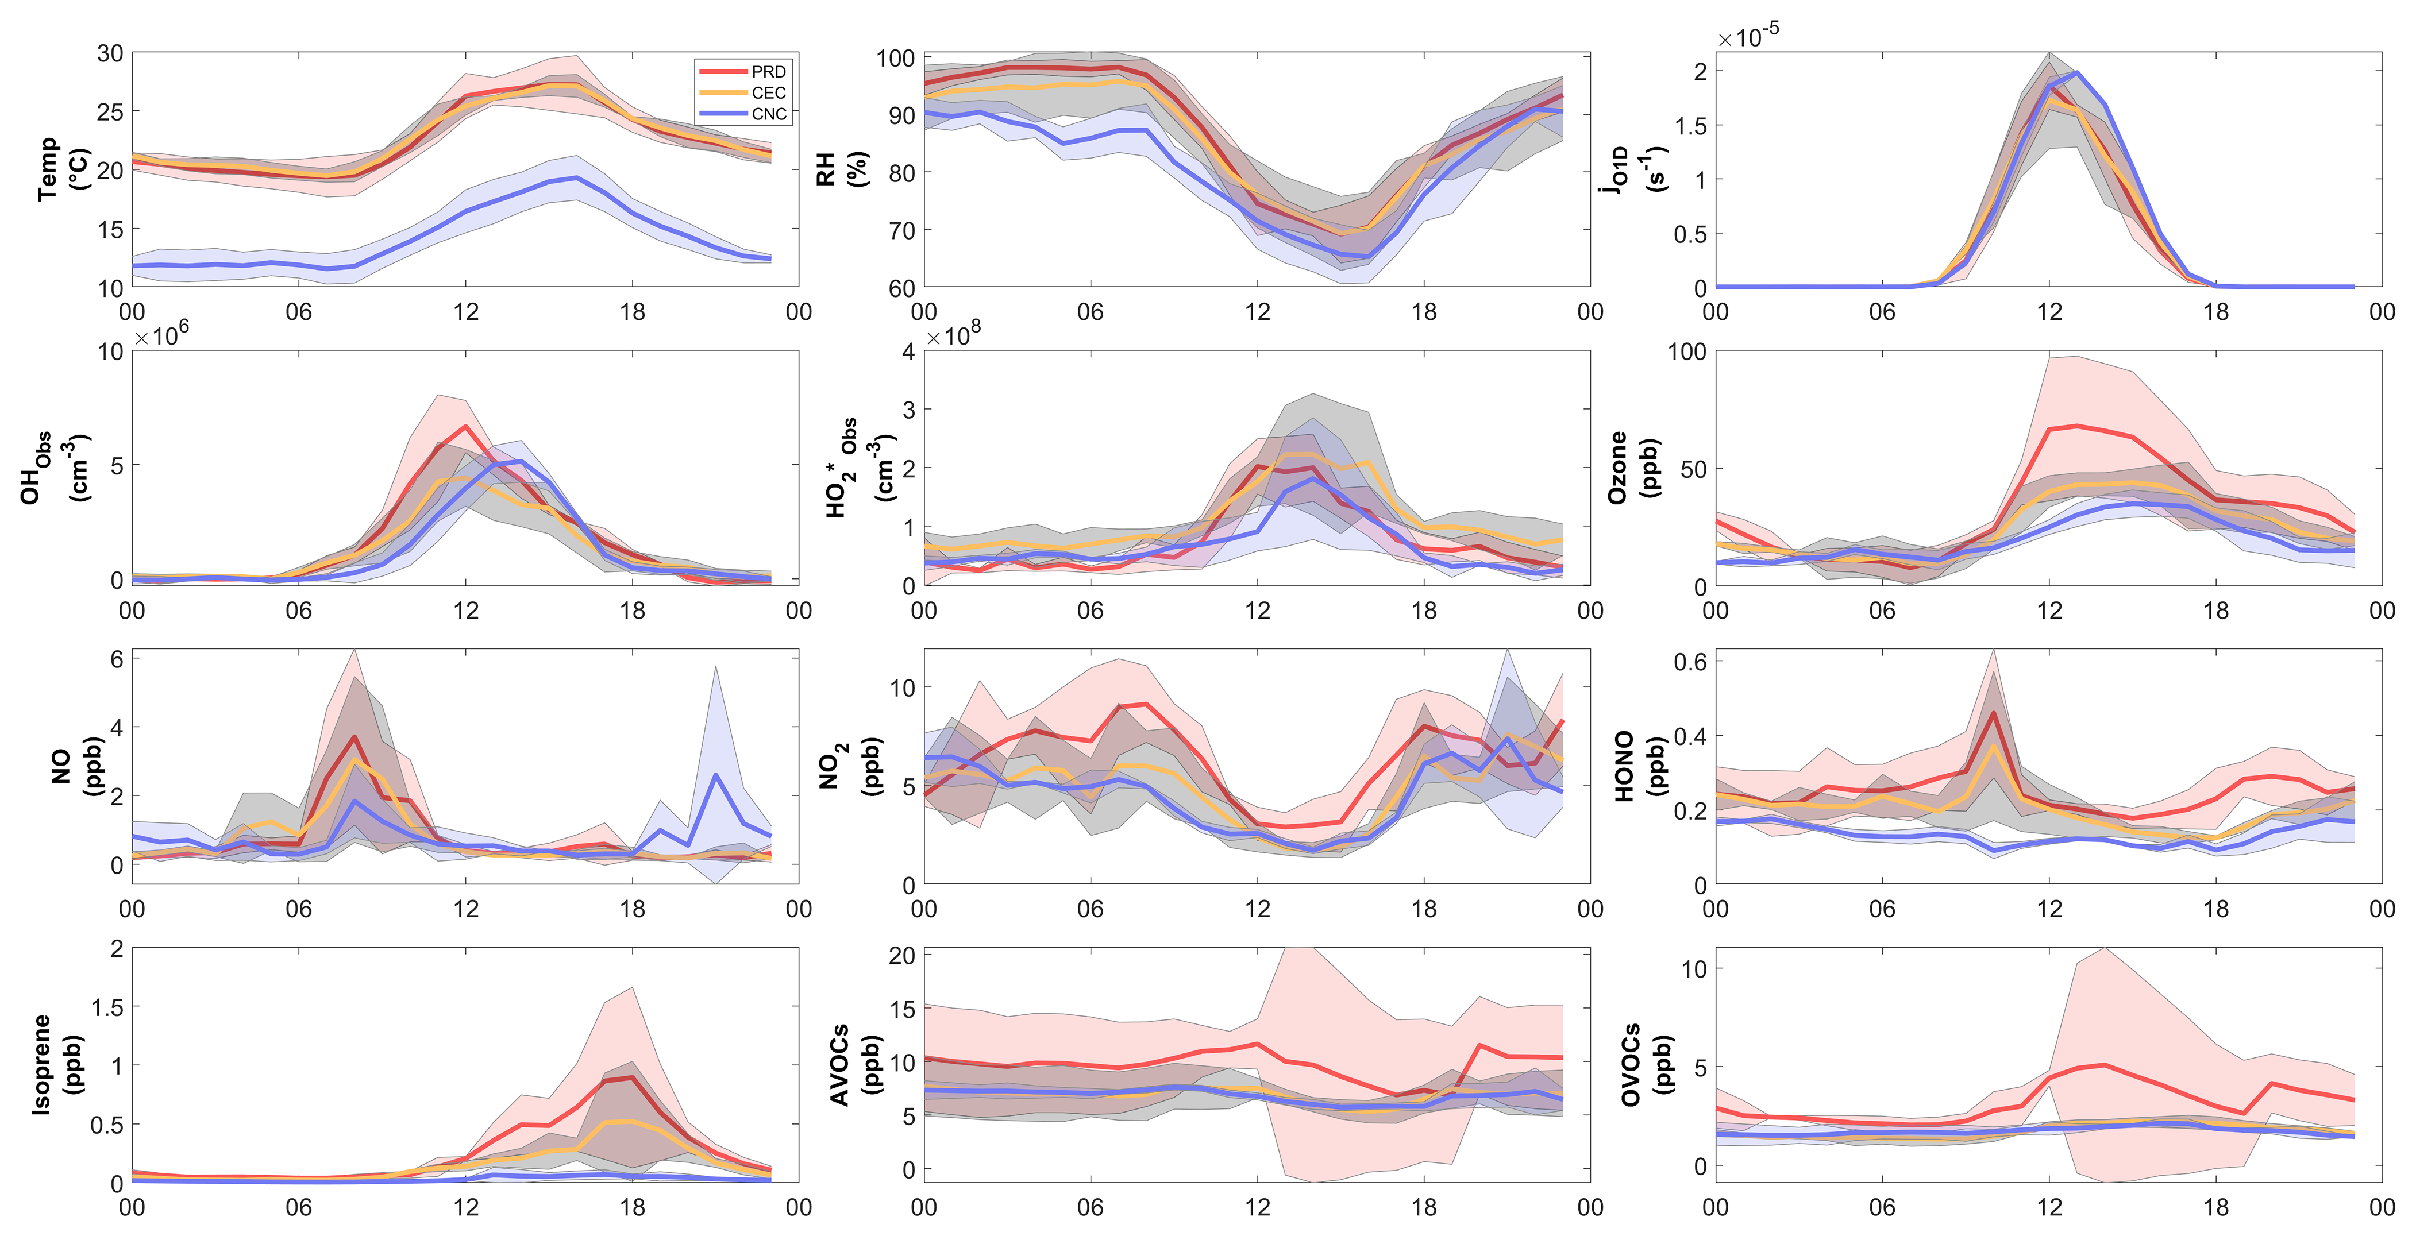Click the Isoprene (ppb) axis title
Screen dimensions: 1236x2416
[x=56, y=1064]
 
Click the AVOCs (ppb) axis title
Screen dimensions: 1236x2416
[x=853, y=1064]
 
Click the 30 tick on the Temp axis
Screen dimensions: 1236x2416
[x=111, y=53]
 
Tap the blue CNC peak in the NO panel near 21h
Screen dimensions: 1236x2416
[x=716, y=775]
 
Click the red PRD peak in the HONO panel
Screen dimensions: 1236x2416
[x=1994, y=713]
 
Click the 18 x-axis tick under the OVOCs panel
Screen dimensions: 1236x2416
[x=2215, y=1207]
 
